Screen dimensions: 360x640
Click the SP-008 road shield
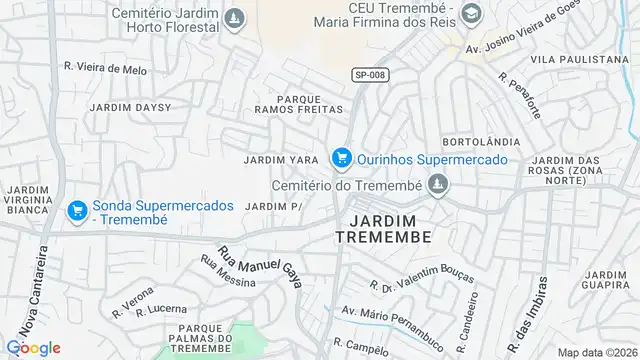[370, 74]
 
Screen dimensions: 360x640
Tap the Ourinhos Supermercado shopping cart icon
[342, 158]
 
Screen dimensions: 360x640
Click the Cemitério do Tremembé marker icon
[436, 184]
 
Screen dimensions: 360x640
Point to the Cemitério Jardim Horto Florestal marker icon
[233, 18]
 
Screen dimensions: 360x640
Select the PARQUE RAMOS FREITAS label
[298, 103]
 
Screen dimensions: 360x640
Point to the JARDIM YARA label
[281, 160]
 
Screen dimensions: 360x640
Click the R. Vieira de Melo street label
[105, 69]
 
